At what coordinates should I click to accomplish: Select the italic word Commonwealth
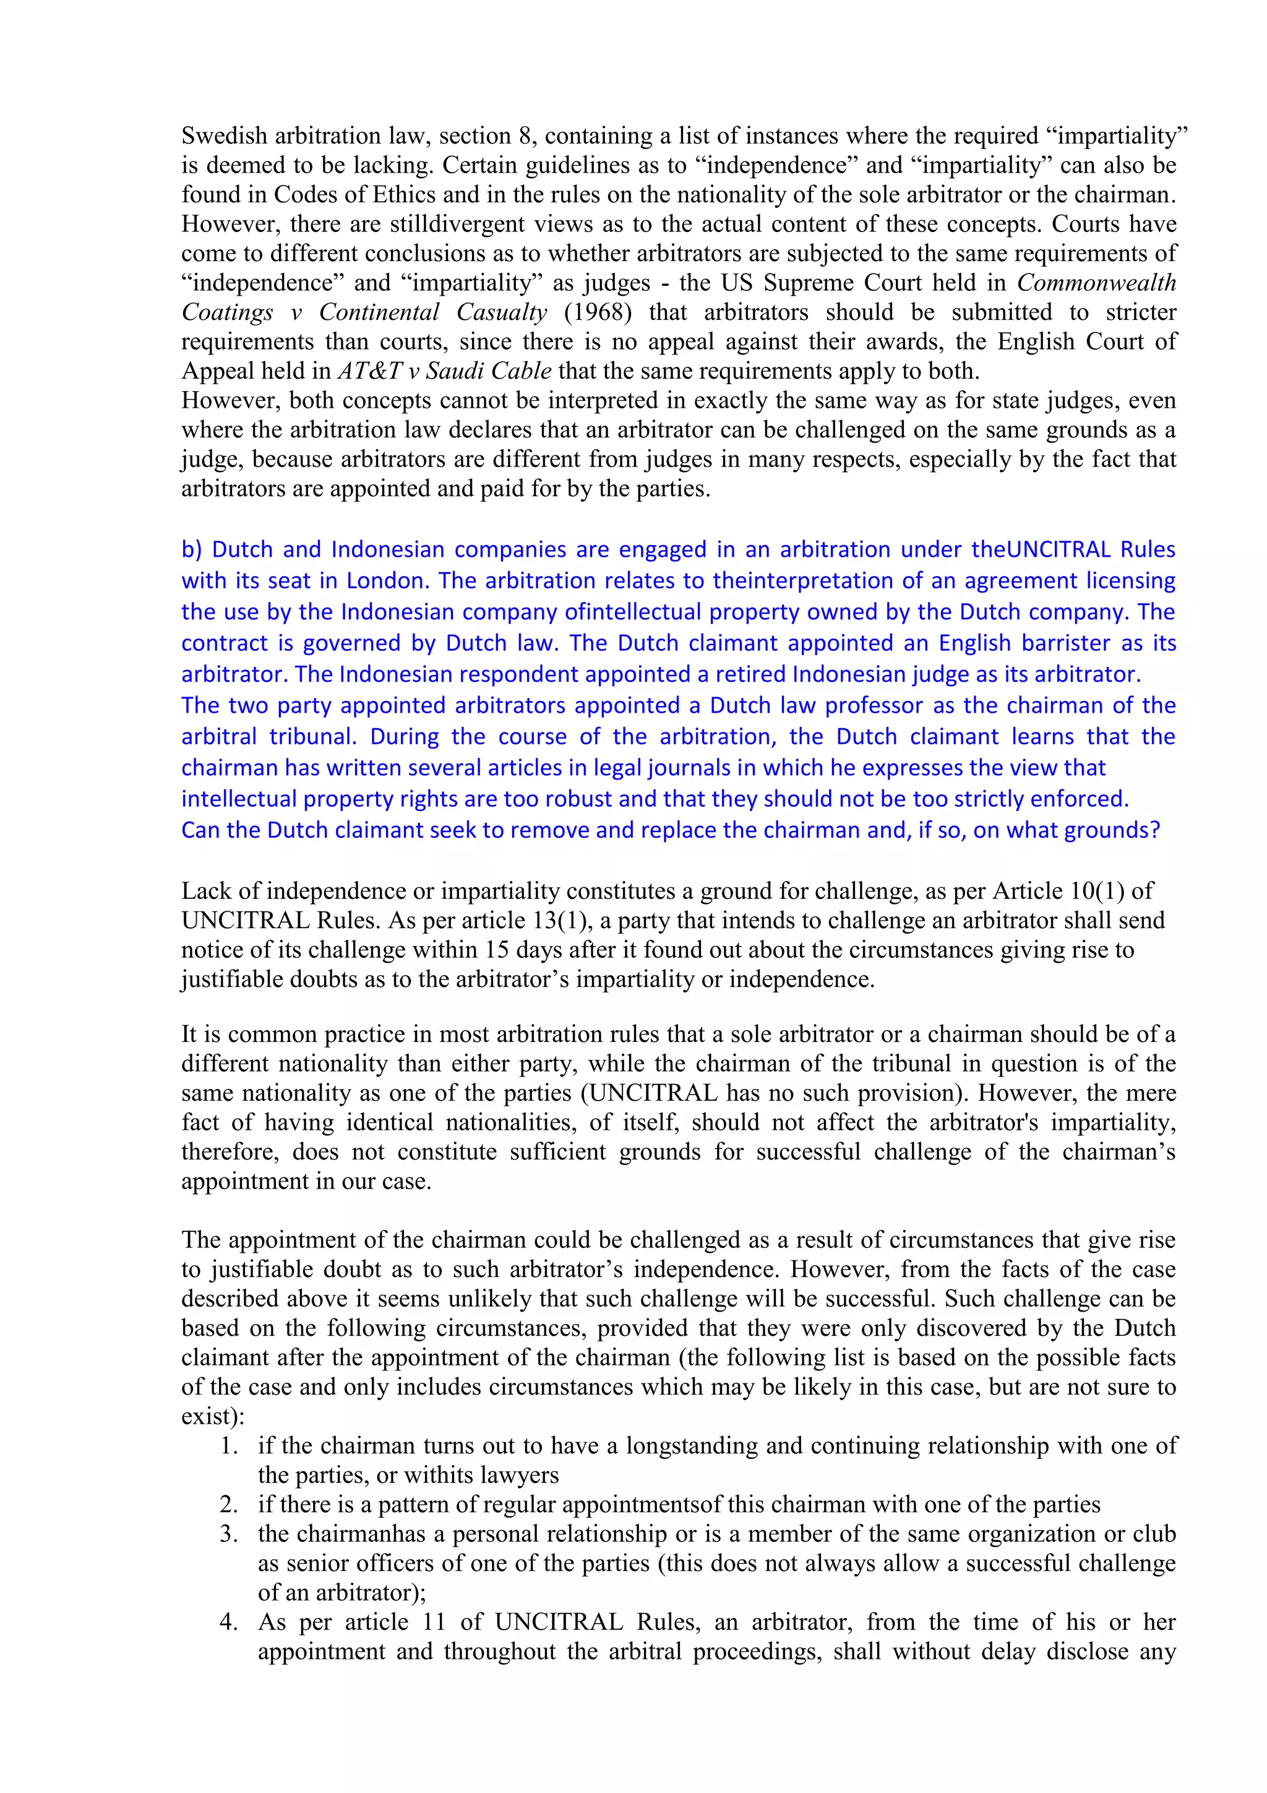[1096, 283]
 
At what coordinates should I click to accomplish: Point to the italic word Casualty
[501, 312]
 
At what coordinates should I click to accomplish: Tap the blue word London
[387, 581]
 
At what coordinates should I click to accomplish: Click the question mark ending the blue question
[1154, 830]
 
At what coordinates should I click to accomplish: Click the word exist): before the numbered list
[212, 1417]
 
